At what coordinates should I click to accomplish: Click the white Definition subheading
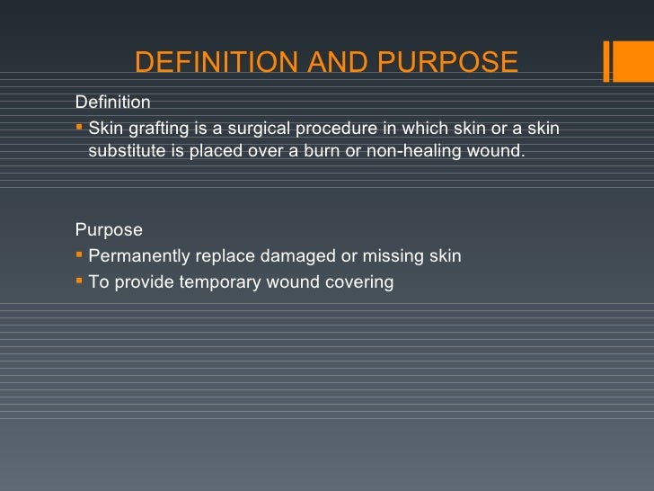click(113, 103)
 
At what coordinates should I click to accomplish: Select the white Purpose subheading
click(109, 230)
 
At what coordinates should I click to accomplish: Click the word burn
click(306, 150)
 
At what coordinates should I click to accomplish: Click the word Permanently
click(139, 256)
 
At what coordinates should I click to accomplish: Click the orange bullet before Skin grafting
click(80, 127)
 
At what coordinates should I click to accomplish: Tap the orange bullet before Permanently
click(80, 254)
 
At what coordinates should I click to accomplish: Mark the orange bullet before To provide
click(80, 281)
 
